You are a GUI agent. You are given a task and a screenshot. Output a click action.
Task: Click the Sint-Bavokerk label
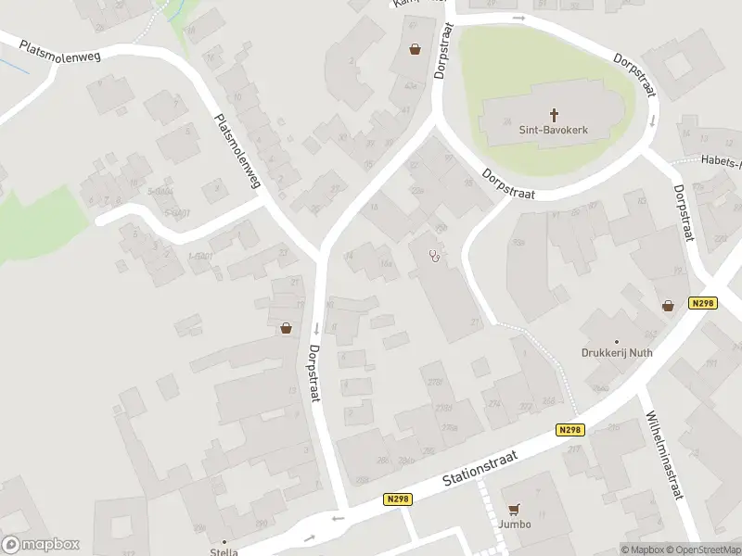555,132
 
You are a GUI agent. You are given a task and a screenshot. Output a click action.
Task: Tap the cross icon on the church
555,115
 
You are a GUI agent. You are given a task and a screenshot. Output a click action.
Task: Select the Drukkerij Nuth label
617,353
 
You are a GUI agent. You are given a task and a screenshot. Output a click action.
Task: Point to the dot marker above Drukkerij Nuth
617,341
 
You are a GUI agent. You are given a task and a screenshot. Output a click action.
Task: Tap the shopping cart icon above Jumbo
516,509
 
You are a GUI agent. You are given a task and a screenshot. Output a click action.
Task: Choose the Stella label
224,552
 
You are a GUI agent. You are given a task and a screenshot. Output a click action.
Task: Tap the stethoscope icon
433,256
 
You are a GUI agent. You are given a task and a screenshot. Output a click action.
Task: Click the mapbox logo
41,545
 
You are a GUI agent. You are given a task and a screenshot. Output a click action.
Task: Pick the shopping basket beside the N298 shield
668,305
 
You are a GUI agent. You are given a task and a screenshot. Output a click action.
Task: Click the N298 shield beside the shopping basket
703,304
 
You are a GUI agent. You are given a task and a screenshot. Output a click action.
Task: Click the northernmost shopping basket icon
414,49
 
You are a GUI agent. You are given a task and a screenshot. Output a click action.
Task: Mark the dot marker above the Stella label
224,541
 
